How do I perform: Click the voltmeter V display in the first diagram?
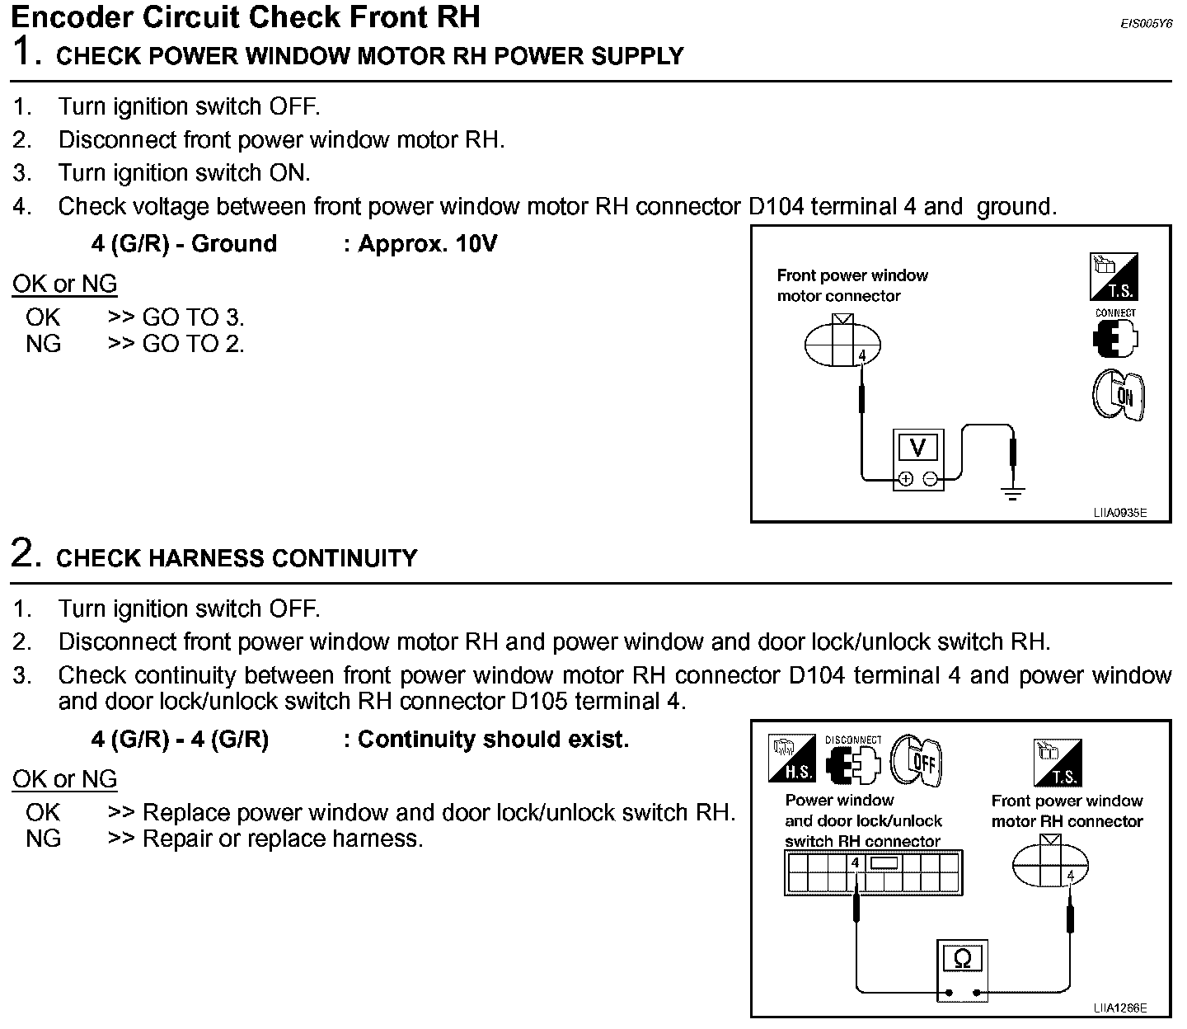click(917, 448)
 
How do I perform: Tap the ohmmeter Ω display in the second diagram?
click(962, 958)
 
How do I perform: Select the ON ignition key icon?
click(1118, 396)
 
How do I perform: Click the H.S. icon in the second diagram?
click(791, 759)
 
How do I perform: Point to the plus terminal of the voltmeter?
click(905, 479)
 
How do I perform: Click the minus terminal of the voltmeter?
click(931, 479)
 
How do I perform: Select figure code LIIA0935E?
click(1119, 513)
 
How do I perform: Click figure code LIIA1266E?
click(1119, 1008)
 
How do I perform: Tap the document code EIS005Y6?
click(1146, 24)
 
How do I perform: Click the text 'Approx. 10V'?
click(427, 244)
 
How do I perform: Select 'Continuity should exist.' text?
click(492, 740)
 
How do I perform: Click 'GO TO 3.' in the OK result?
click(193, 317)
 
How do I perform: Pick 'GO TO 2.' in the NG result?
click(193, 344)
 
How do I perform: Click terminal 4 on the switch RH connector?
click(856, 863)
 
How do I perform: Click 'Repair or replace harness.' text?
click(283, 839)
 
